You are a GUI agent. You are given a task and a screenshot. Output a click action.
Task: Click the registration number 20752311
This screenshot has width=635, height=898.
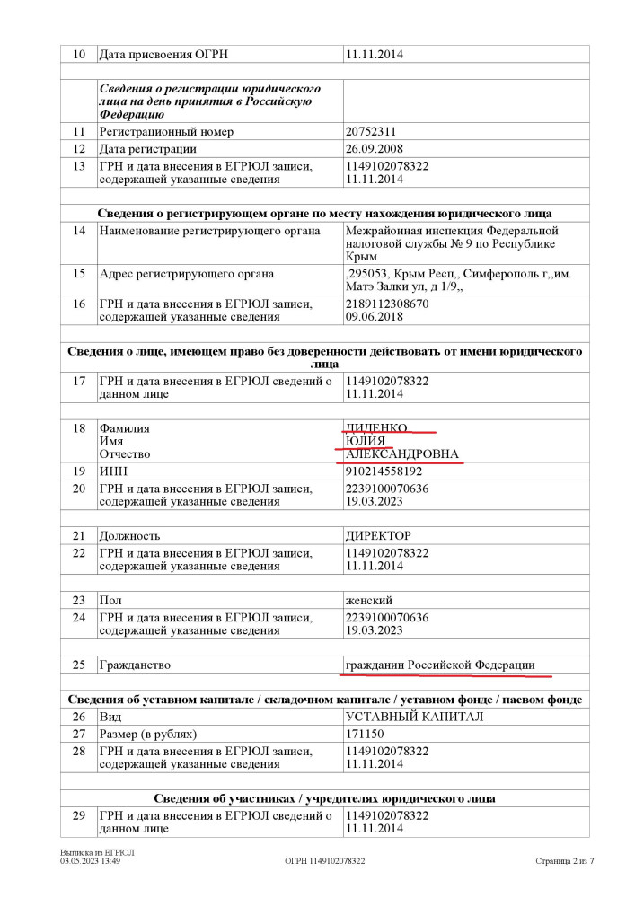(x=372, y=132)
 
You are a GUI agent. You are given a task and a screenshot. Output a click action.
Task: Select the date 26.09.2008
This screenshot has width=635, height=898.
(x=374, y=149)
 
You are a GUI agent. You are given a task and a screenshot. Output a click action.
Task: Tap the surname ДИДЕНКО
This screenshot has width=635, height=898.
(x=377, y=428)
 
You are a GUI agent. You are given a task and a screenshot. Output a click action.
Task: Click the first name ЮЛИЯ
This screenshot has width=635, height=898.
(x=366, y=441)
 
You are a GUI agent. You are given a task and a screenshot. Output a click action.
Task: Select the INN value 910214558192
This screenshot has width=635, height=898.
(x=384, y=471)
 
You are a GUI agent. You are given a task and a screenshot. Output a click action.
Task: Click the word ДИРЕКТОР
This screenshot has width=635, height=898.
(x=378, y=535)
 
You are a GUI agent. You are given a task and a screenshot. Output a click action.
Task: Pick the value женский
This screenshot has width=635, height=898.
(x=369, y=600)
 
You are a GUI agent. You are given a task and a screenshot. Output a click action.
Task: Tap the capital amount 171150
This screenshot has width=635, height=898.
(x=366, y=734)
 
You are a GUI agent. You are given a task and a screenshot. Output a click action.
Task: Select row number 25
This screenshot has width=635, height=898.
(x=79, y=665)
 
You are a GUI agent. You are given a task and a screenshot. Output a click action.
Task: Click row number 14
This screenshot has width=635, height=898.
(x=79, y=231)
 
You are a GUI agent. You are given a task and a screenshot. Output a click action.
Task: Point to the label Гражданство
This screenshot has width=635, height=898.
(x=134, y=665)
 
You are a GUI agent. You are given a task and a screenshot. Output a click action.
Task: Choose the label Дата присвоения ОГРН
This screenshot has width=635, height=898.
(x=163, y=55)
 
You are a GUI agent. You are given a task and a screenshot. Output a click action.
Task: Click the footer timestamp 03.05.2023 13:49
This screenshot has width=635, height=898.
(x=91, y=861)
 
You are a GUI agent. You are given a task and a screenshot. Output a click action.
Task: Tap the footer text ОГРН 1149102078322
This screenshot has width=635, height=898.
(x=324, y=861)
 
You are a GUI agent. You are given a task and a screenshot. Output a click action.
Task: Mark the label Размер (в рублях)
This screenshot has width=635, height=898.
(x=148, y=734)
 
